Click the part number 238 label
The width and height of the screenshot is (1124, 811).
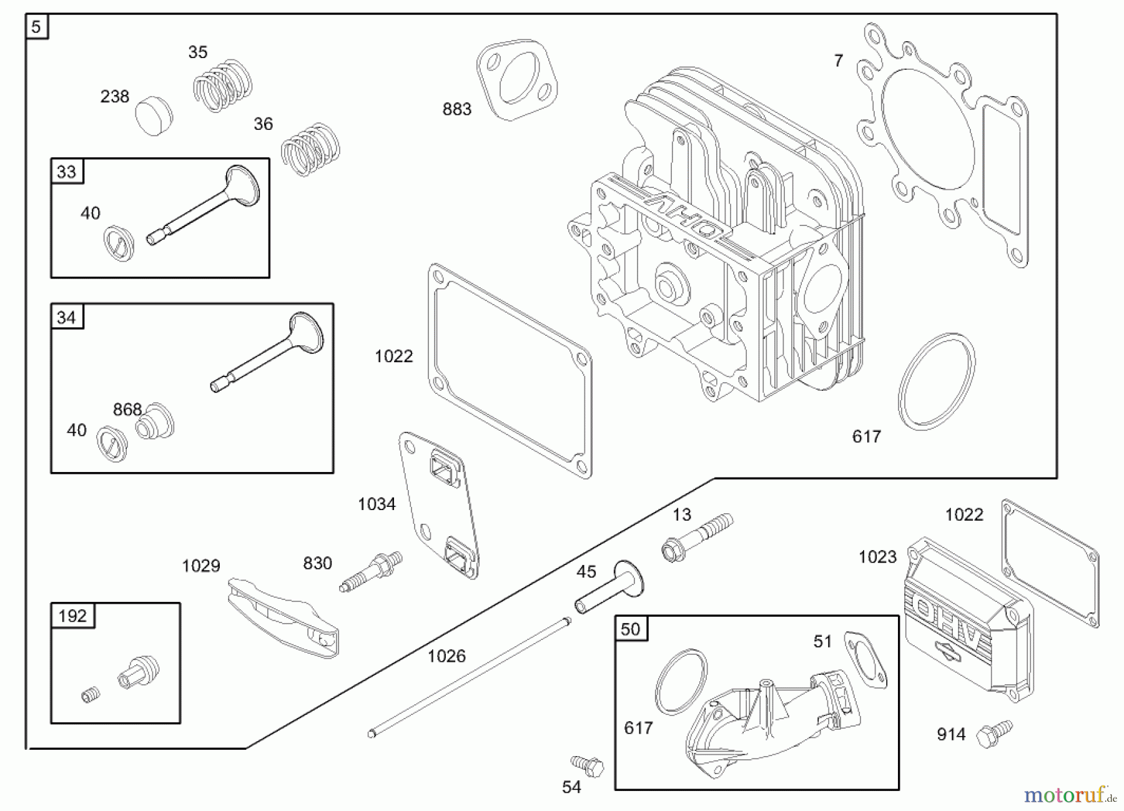click(x=114, y=97)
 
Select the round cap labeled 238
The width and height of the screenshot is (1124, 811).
click(x=154, y=116)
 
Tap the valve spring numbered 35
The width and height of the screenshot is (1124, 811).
click(x=223, y=86)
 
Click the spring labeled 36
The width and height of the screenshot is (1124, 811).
click(x=310, y=149)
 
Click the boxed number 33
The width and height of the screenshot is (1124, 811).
click(x=66, y=172)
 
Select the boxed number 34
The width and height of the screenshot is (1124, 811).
click(x=66, y=318)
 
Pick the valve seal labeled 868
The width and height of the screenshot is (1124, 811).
click(x=155, y=423)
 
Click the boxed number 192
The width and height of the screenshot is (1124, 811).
click(x=72, y=616)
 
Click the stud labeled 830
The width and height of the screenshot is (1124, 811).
click(x=371, y=571)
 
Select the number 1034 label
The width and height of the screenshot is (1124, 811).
click(x=377, y=504)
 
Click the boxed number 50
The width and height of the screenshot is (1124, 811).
click(x=631, y=629)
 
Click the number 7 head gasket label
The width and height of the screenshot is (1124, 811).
click(x=838, y=61)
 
